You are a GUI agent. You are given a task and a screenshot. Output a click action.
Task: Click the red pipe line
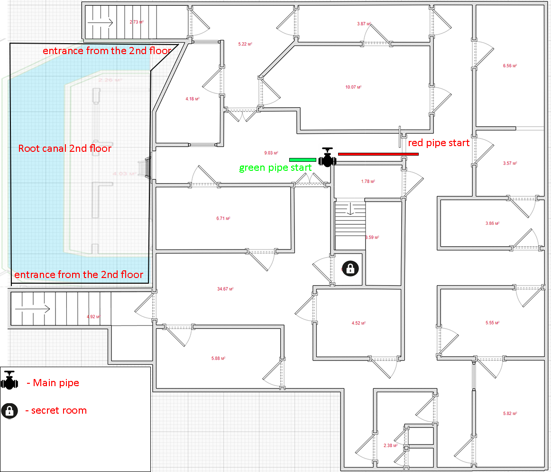point(378,154)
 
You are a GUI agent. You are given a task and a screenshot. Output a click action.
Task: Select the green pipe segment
point(303,159)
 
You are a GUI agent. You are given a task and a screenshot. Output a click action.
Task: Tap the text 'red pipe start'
point(439,143)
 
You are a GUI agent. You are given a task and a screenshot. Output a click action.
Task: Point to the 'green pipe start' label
point(275,168)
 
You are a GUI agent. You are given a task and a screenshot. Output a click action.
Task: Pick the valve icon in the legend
point(9,380)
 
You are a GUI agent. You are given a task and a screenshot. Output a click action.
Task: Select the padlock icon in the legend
point(9,411)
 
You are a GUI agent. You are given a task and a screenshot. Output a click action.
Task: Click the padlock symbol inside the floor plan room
point(350,268)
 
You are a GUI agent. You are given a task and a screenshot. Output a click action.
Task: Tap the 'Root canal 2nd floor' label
point(64,148)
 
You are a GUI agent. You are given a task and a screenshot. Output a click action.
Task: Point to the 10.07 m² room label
point(354,87)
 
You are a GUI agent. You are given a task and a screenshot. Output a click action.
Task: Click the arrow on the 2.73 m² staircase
point(103,22)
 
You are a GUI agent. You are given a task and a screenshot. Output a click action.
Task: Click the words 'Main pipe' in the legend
point(56,383)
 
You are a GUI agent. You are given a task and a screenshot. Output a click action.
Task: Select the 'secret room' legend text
point(59,410)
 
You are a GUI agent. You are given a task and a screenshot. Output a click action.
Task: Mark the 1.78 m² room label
point(368,181)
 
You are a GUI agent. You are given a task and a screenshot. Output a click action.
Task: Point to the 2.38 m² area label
point(390,445)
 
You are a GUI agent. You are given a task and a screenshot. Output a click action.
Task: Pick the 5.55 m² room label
point(493,323)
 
